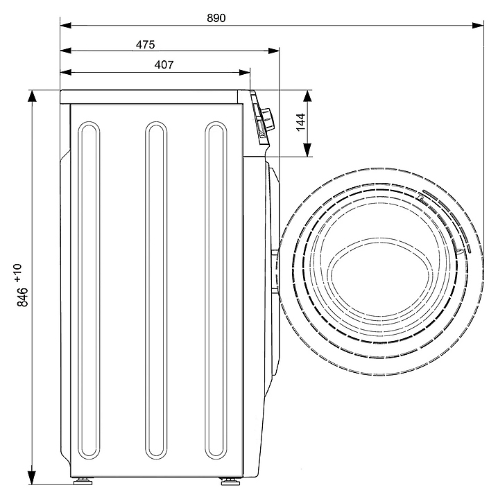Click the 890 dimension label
tap(216, 18)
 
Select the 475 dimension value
tap(145, 44)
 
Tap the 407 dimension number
tap(164, 65)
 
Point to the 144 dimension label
tap(300, 122)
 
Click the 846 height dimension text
tap(23, 297)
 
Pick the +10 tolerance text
tap(18, 273)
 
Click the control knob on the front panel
tap(268, 119)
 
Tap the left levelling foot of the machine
tap(83, 481)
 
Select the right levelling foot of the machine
tap(230, 481)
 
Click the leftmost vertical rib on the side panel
tap(89, 290)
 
